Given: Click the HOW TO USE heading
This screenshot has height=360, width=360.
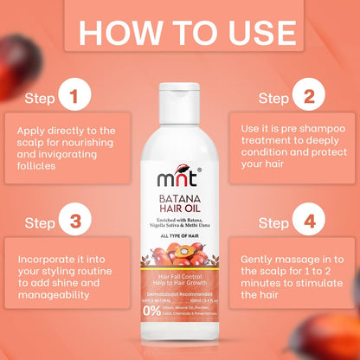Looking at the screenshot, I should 180,32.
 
